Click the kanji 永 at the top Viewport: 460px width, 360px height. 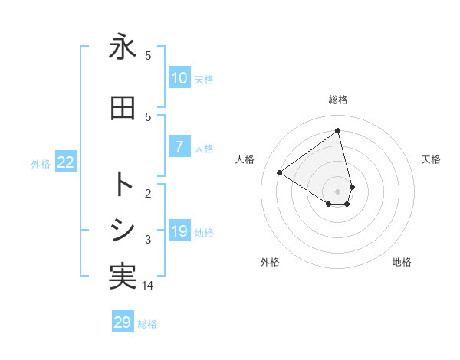(123, 47)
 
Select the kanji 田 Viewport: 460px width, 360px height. (123, 109)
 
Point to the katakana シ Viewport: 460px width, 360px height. (123, 230)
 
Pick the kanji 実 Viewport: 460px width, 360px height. (123, 277)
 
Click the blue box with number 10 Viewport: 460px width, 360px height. (179, 78)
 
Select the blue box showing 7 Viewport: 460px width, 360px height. (179, 147)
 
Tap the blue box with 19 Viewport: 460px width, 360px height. (179, 231)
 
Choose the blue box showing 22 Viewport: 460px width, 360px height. (65, 162)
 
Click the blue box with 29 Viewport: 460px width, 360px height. (123, 322)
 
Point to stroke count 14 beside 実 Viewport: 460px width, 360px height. (148, 285)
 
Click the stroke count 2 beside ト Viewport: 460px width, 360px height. (148, 193)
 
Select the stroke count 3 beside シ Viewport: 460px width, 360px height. (148, 240)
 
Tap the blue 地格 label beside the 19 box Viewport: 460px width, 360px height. (204, 233)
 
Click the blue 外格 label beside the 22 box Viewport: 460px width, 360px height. (41, 164)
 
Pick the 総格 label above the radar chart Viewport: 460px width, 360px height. (338, 100)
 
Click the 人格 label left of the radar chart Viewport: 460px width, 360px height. (245, 159)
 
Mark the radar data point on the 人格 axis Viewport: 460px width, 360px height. (280, 172)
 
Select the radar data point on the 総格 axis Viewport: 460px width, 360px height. (338, 130)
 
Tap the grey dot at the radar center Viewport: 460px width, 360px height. (338, 190)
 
